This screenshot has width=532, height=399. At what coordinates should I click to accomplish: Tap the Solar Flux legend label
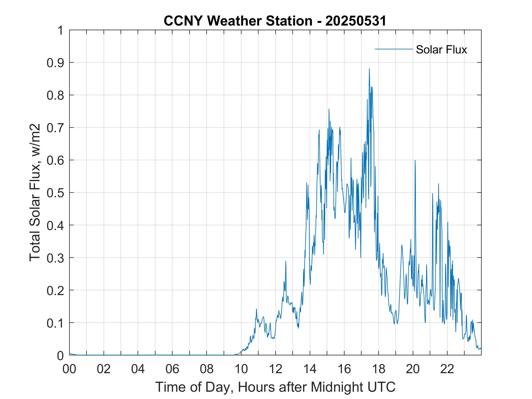441,49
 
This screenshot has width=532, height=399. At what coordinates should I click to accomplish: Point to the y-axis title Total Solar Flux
35,192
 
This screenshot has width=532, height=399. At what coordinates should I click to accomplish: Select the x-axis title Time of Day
275,387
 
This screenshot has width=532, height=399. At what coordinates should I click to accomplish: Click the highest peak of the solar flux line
369,69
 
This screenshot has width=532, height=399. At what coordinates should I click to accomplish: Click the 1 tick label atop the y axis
60,30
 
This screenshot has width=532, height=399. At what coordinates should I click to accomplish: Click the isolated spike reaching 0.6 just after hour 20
415,160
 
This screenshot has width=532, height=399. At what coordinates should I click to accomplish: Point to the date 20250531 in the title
355,21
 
